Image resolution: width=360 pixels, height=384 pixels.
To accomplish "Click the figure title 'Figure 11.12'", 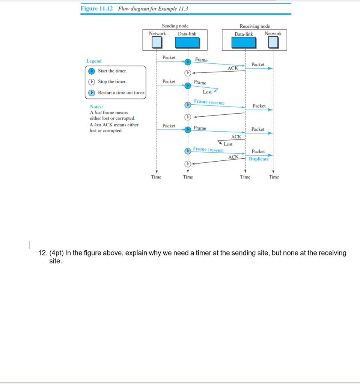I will coord(96,9).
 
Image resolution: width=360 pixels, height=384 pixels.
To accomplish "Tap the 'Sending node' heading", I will coord(175,26).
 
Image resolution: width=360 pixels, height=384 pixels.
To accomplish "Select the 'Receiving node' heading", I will coord(255,26).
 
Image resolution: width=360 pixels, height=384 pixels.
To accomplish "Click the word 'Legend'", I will coord(94,61).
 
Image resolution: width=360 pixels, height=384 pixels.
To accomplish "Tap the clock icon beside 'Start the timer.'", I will coord(92,71).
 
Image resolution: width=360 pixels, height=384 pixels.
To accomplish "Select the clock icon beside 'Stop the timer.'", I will coord(92,82).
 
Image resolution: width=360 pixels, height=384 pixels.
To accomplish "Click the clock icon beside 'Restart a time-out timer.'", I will coord(92,93).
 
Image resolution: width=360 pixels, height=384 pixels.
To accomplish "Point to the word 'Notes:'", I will coord(96,107).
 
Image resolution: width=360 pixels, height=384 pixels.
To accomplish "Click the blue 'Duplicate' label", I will coord(259,159).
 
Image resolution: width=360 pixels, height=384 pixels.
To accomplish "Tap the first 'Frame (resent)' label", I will coord(209,102).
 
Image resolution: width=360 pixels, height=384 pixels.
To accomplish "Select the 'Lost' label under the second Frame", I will coord(207,92).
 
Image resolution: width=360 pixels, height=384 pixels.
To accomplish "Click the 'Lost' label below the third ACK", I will coord(228,144).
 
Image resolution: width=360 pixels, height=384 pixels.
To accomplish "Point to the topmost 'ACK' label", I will coord(233,68).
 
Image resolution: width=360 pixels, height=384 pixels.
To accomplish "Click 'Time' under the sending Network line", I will coord(156,177).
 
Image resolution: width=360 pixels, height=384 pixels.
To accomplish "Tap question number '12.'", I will coord(43,253).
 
